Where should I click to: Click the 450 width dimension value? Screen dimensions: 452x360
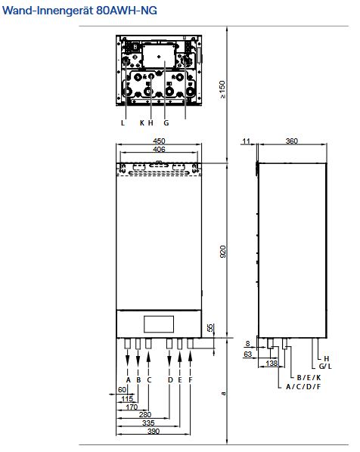[x=159, y=141]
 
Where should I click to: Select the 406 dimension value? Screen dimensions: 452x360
[x=159, y=150]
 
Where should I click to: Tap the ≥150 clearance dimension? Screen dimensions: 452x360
[x=222, y=88]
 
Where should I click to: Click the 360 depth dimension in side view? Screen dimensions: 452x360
[x=290, y=141]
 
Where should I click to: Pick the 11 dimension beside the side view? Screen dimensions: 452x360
[x=247, y=141]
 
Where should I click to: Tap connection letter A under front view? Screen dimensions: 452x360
[x=129, y=379]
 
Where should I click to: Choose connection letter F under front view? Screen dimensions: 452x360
[x=190, y=379]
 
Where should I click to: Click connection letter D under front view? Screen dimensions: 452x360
[x=170, y=379]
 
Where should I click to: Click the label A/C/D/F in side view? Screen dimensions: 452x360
[x=303, y=386]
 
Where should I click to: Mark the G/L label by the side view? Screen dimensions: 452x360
[x=325, y=367]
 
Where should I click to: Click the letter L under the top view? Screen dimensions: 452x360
[x=123, y=122]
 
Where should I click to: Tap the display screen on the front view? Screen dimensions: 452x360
[x=159, y=323]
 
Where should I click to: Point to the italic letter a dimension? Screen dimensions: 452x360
[x=222, y=393]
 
